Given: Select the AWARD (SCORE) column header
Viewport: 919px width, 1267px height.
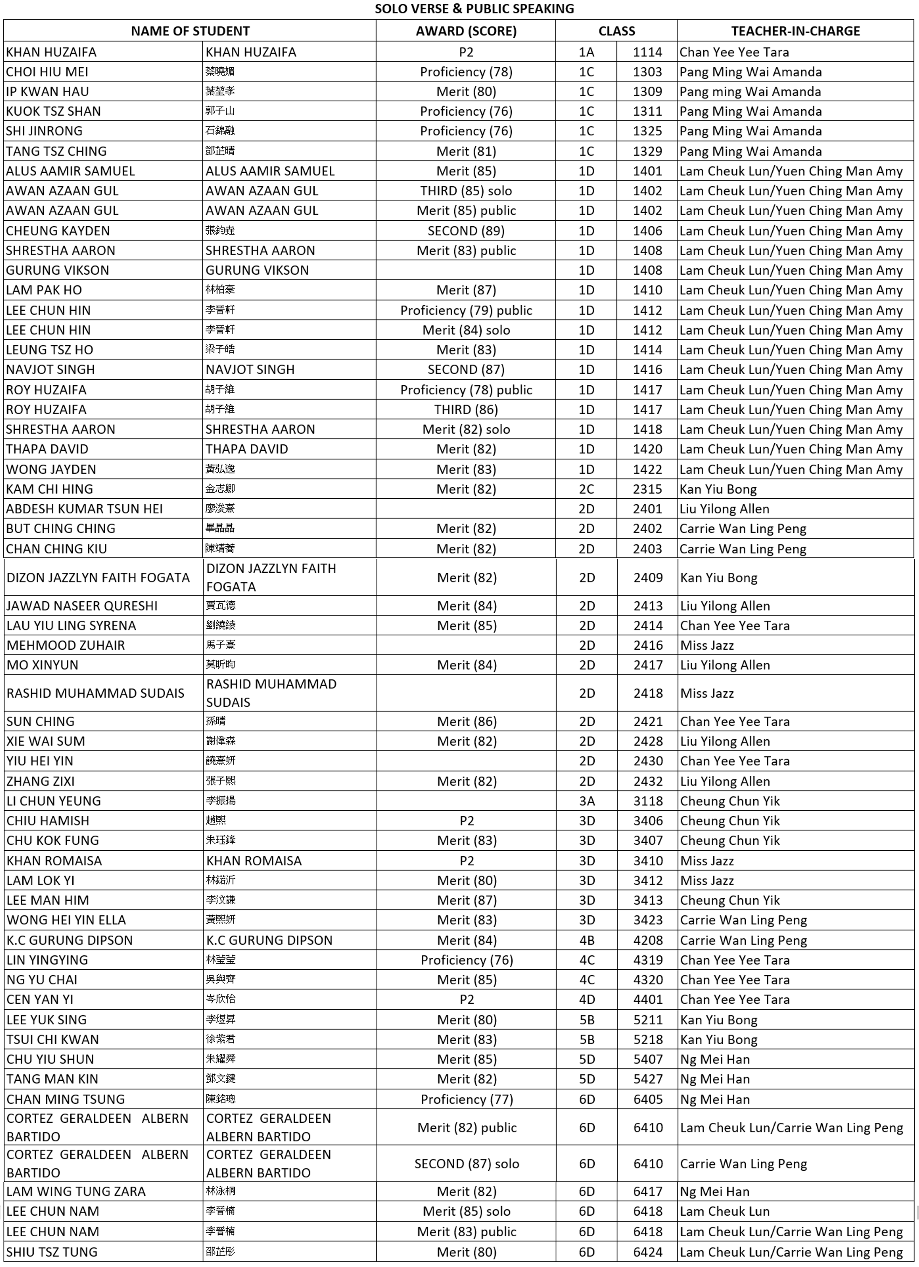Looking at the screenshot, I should pos(466,31).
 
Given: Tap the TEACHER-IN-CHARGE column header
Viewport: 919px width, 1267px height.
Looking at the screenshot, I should pos(795,31).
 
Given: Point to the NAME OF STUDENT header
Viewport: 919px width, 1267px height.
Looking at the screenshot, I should pos(190,31).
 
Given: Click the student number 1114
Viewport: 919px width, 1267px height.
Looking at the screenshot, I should pos(647,52).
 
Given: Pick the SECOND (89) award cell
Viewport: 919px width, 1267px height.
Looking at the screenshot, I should pos(466,231).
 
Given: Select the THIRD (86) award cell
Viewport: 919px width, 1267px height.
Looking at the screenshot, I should pos(466,410).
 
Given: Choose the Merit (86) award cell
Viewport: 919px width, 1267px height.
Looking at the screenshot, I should pos(466,721).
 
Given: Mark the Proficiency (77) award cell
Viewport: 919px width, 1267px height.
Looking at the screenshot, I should pos(466,1099).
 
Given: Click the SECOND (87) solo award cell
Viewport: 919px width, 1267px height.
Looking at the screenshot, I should pos(466,1164).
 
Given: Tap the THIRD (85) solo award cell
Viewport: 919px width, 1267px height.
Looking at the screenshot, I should pos(466,191).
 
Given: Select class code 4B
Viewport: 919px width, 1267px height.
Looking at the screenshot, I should pos(587,940).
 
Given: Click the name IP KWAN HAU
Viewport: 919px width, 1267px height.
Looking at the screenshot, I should pos(48,92).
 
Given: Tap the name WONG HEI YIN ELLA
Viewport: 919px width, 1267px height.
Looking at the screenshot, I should pos(66,920).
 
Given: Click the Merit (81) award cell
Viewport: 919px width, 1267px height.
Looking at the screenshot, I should pos(466,151).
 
